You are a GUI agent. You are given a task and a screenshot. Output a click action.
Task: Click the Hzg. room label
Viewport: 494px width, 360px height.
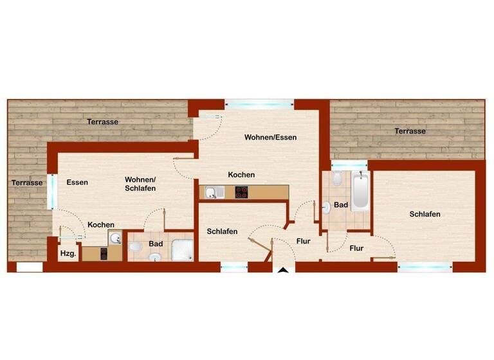(x=68, y=254)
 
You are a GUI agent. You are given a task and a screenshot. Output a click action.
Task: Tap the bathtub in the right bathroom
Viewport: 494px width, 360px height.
(x=360, y=192)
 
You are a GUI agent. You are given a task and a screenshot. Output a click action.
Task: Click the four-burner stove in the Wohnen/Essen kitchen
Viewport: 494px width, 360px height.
(x=242, y=191)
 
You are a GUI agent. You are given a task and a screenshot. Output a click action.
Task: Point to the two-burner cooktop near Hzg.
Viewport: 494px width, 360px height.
(x=105, y=253)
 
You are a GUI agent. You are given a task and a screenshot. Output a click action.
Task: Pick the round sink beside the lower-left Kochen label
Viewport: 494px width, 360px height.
(x=116, y=239)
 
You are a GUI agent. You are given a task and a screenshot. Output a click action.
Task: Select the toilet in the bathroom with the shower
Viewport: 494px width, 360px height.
(x=135, y=247)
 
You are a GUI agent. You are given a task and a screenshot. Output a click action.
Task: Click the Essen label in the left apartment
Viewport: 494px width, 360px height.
(x=77, y=183)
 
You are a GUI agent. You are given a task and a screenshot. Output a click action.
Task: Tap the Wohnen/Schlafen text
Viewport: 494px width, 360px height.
(x=140, y=184)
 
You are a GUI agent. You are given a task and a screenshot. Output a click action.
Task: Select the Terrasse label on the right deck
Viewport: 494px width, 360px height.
(x=410, y=131)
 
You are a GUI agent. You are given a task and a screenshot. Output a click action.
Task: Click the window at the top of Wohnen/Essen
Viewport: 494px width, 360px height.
(x=259, y=103)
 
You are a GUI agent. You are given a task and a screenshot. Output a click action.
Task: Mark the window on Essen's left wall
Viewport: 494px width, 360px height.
(x=52, y=191)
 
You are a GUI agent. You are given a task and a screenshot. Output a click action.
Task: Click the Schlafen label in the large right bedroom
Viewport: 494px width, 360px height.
(x=425, y=214)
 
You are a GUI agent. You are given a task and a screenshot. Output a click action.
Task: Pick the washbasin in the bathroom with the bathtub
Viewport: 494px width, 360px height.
(x=327, y=207)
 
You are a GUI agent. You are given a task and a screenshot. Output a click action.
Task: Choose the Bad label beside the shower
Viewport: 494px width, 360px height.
(x=156, y=244)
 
